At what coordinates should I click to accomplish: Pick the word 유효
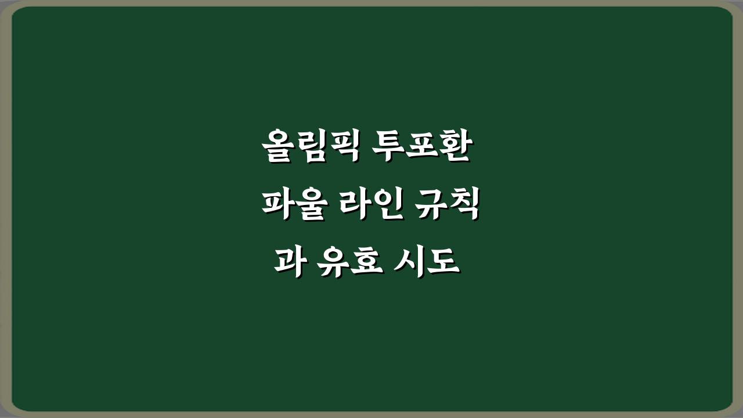(348, 262)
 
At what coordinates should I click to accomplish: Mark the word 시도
(427, 262)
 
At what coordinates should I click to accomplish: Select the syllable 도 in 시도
(443, 262)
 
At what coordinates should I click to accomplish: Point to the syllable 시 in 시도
(410, 262)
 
